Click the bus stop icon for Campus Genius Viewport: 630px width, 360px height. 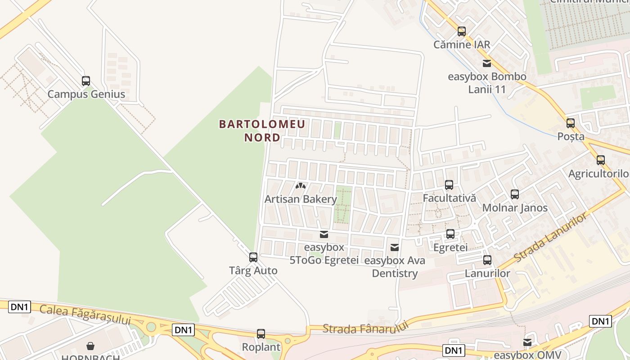(86, 81)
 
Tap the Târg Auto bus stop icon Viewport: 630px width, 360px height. (253, 257)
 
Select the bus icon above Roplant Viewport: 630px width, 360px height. (261, 334)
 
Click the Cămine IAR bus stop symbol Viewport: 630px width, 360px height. (462, 31)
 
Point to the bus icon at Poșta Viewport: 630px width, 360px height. (571, 123)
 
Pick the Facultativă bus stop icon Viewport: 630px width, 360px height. (449, 185)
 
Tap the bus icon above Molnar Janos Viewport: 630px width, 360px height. (515, 194)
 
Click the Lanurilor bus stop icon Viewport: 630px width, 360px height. (487, 260)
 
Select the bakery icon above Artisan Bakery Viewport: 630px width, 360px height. (301, 185)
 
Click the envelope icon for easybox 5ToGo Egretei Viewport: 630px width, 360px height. (324, 234)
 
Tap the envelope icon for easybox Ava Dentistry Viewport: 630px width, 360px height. (395, 247)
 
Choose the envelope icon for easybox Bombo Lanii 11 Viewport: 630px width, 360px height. (487, 63)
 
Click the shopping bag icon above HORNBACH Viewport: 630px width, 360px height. (90, 346)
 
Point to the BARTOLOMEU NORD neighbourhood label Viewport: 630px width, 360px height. (262, 130)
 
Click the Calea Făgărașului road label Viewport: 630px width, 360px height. (85, 314)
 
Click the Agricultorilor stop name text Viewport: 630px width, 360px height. (598, 174)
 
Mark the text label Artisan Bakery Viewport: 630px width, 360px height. (301, 199)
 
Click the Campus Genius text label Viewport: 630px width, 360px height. (86, 94)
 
